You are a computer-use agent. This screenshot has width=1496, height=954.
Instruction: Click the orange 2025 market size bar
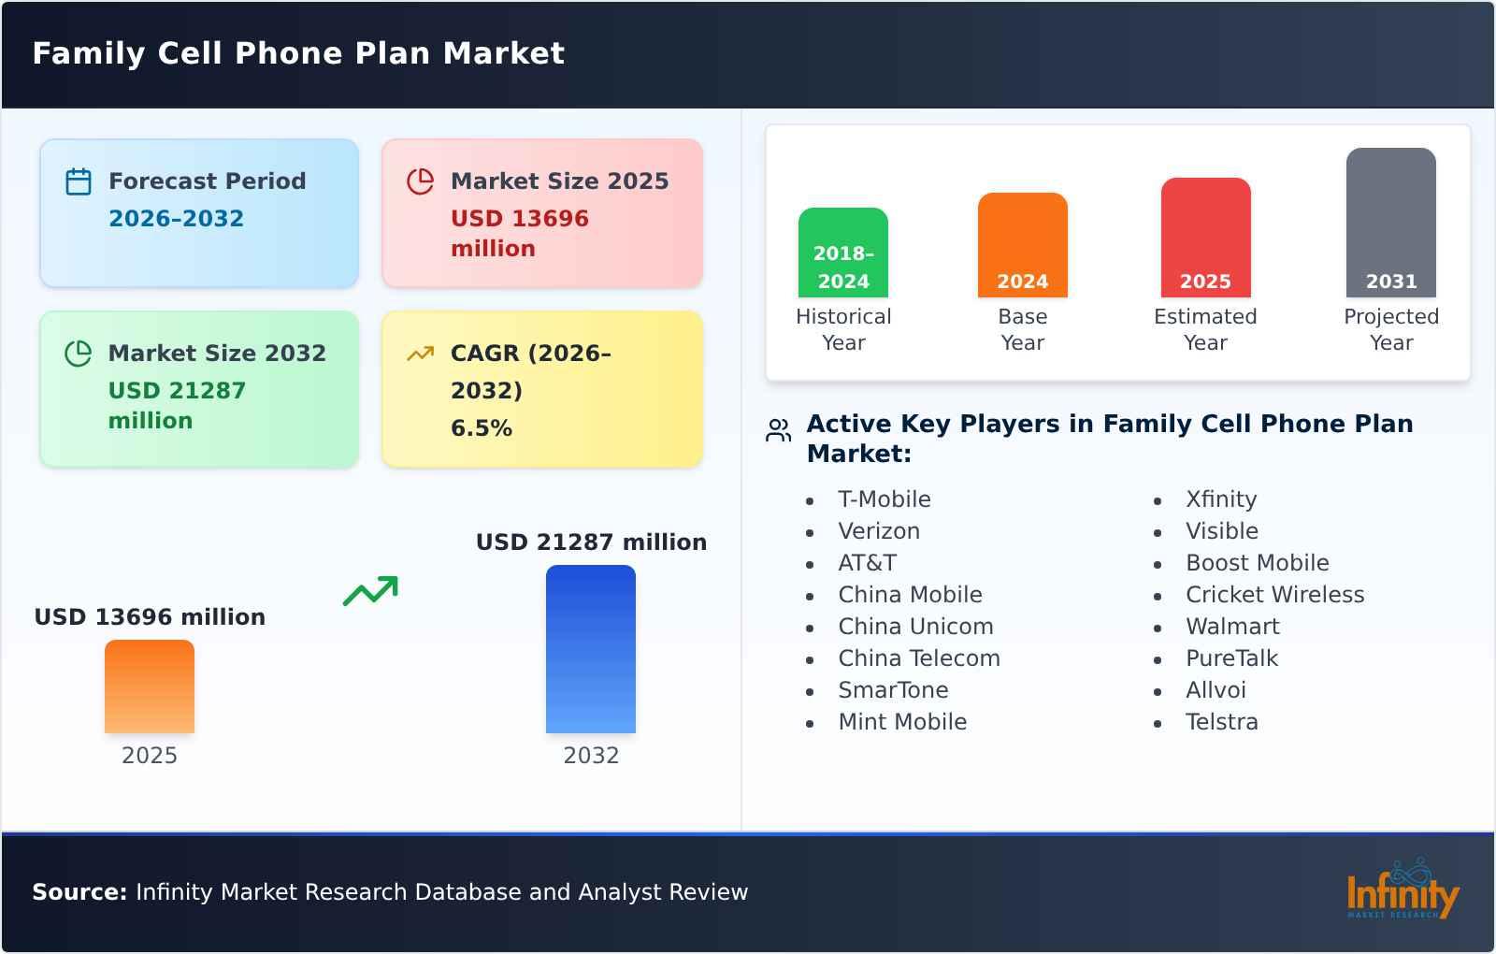pyautogui.click(x=150, y=687)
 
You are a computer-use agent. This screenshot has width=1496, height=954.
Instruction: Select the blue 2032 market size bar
pyautogui.click(x=591, y=649)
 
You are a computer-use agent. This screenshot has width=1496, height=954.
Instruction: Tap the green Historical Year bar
pyautogui.click(x=843, y=253)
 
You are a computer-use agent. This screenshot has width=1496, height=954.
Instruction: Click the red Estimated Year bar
pyautogui.click(x=1205, y=238)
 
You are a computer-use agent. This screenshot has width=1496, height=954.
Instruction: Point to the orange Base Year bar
pyautogui.click(x=1022, y=245)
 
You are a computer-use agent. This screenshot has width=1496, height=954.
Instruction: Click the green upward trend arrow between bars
pyautogui.click(x=370, y=591)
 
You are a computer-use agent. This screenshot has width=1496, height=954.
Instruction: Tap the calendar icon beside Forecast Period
pyautogui.click(x=79, y=181)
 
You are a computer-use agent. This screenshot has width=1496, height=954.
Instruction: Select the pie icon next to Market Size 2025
pyautogui.click(x=421, y=181)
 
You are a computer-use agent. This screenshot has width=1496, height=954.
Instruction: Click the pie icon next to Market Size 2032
pyautogui.click(x=79, y=354)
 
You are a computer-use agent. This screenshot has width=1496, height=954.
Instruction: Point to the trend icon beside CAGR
pyautogui.click(x=421, y=354)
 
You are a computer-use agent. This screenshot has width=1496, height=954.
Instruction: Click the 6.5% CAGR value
pyautogui.click(x=482, y=428)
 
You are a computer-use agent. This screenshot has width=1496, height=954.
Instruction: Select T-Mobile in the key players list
pyautogui.click(x=885, y=499)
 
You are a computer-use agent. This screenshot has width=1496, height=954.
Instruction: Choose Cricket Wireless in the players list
pyautogui.click(x=1274, y=595)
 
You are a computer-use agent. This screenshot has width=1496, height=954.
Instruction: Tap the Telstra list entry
pyautogui.click(x=1222, y=722)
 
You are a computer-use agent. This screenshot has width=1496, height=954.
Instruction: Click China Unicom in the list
pyautogui.click(x=915, y=627)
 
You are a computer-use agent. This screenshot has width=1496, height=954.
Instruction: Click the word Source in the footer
pyautogui.click(x=79, y=892)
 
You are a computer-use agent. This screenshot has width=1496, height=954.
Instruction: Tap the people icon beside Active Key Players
pyautogui.click(x=779, y=430)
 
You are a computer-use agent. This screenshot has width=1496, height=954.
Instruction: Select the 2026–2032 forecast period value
pyautogui.click(x=176, y=219)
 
